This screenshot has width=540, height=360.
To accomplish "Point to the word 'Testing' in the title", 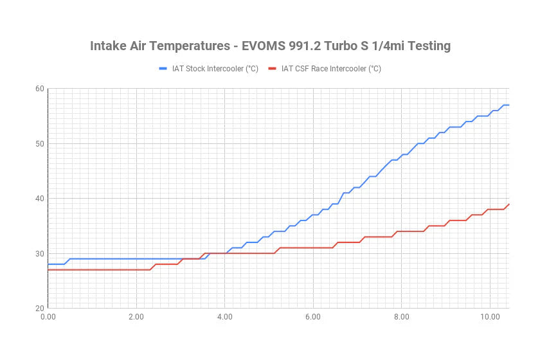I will [426, 46].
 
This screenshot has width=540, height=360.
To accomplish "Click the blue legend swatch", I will [163, 68].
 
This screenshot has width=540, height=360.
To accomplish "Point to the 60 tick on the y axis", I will [40, 89].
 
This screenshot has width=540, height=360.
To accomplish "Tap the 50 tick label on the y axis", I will [40, 143].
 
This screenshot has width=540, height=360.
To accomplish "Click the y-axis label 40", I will [40, 199].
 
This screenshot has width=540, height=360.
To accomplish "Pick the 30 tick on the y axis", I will [40, 253].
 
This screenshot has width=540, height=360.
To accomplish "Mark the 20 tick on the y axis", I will [40, 308].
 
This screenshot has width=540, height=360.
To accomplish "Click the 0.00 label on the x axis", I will [48, 318].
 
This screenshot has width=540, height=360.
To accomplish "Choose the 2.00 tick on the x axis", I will [136, 318].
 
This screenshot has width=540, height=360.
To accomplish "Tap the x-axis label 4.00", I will [224, 318].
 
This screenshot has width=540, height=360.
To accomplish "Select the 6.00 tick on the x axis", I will [312, 318].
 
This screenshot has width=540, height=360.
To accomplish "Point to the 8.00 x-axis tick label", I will [401, 318].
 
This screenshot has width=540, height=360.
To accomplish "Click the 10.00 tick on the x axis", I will [489, 318].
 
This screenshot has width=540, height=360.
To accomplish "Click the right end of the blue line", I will [509, 105].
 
